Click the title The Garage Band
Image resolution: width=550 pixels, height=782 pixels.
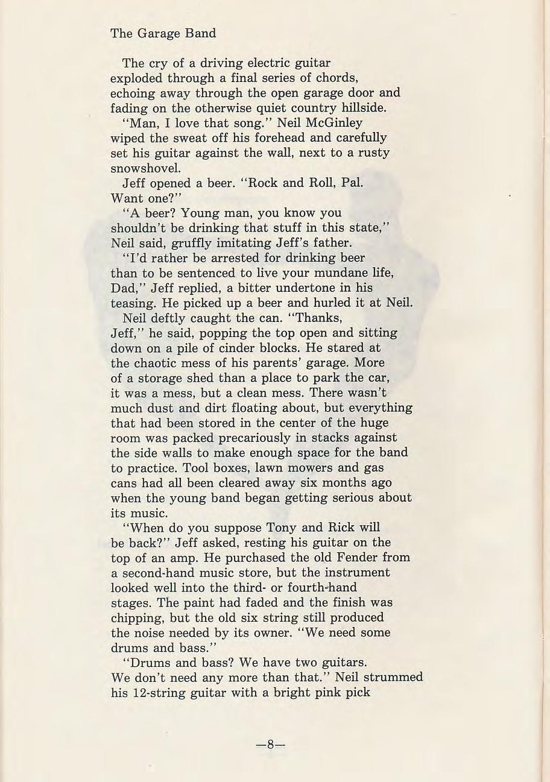click(163, 33)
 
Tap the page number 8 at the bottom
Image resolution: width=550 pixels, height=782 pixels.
click(270, 744)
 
